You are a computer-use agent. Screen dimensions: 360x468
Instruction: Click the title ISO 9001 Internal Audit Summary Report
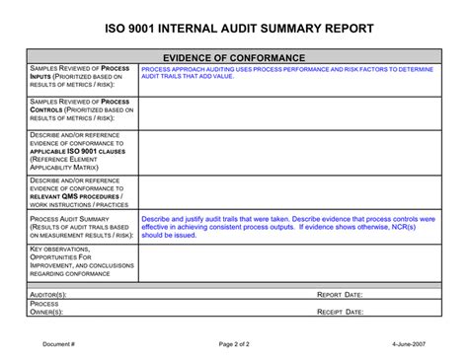point(234,29)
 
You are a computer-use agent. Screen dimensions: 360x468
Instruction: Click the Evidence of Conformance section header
point(233,58)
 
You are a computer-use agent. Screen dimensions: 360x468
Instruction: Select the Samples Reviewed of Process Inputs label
point(81,79)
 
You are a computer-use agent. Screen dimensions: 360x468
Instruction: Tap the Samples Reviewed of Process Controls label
point(81,111)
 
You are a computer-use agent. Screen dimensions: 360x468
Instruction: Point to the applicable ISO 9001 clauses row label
point(81,152)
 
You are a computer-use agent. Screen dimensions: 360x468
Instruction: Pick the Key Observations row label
point(81,262)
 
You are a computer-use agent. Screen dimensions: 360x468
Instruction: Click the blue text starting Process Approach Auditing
point(286,73)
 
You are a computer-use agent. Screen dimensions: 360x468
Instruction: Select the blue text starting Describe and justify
point(288,227)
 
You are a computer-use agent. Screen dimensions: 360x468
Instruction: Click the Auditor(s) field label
point(49,294)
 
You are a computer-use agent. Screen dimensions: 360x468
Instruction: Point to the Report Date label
point(340,294)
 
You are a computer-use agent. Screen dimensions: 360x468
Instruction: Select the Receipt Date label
point(341,312)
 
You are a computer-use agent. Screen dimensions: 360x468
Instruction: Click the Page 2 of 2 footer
point(234,343)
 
